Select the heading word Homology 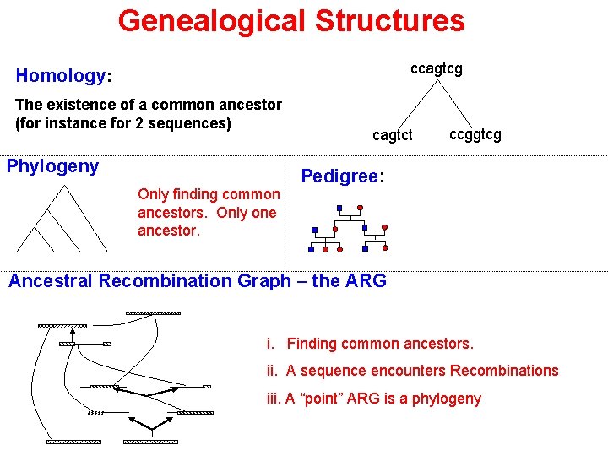60,76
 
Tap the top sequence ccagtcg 436,68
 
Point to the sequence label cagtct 393,135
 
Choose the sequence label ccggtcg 475,134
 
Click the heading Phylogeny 52,166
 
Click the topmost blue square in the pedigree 339,208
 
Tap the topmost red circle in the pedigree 360,207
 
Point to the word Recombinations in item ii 504,371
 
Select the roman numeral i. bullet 270,344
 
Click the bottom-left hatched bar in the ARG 73,442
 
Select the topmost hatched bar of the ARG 153,313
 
